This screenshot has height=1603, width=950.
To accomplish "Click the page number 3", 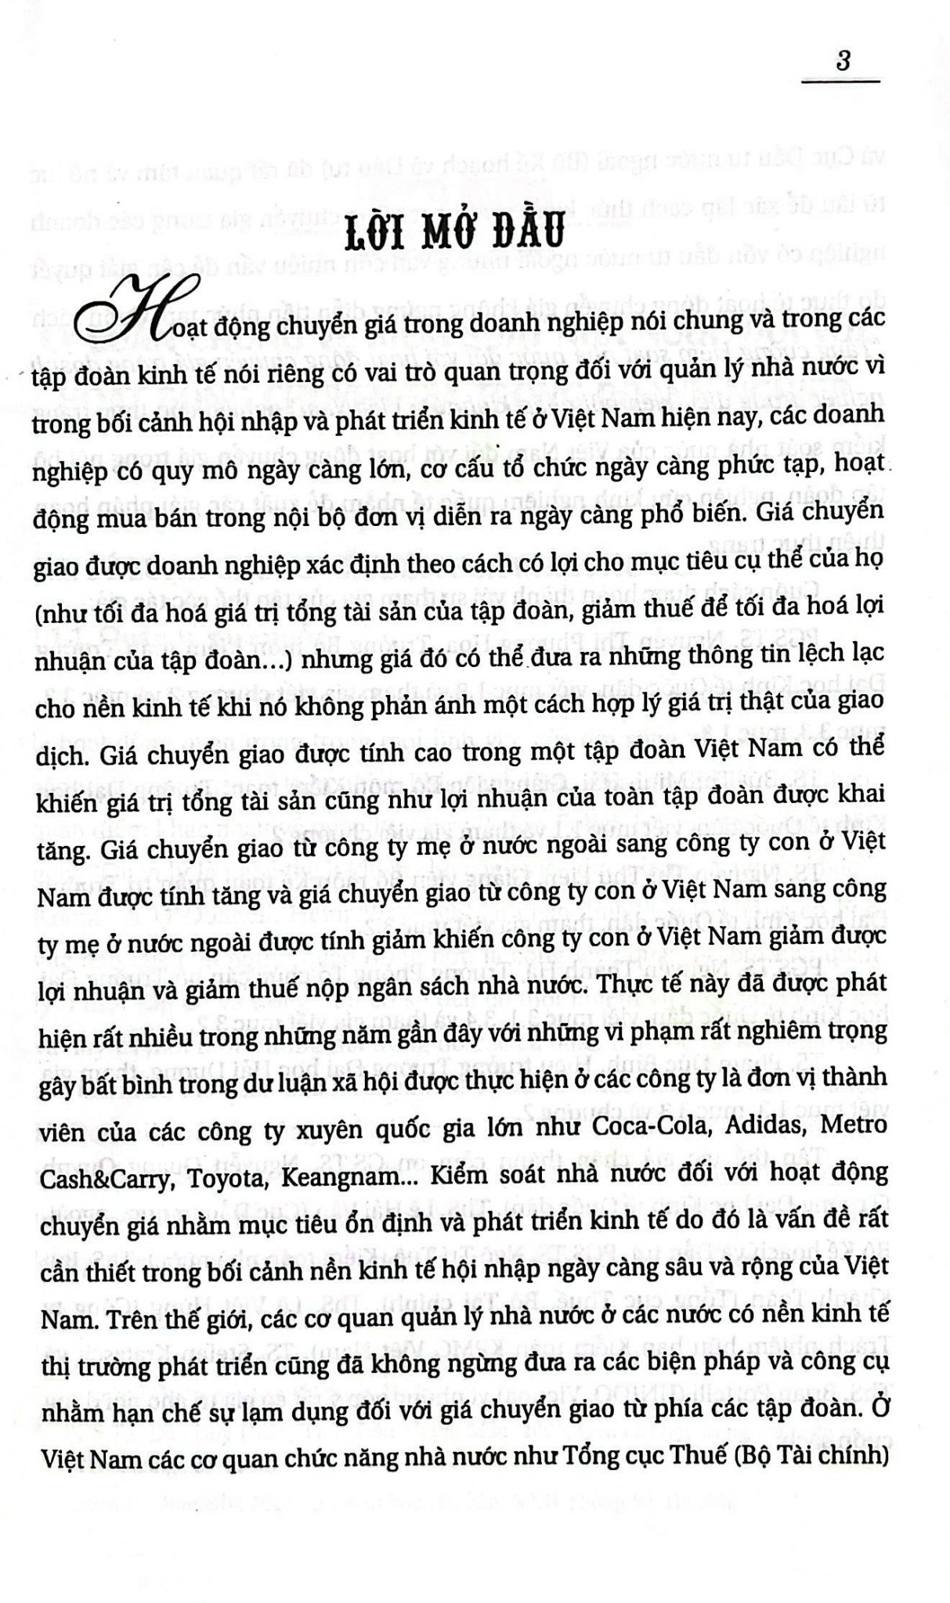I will (843, 62).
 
